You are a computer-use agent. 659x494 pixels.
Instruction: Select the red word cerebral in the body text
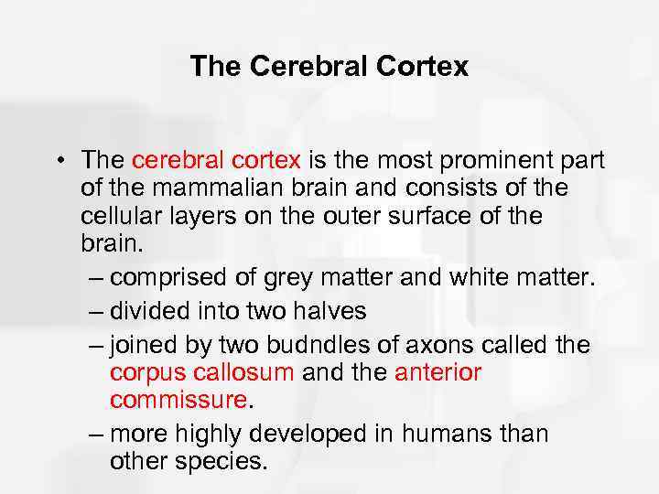[x=174, y=161]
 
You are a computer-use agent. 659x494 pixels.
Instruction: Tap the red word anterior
[x=437, y=371]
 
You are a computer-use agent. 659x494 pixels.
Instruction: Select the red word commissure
[x=178, y=402]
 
